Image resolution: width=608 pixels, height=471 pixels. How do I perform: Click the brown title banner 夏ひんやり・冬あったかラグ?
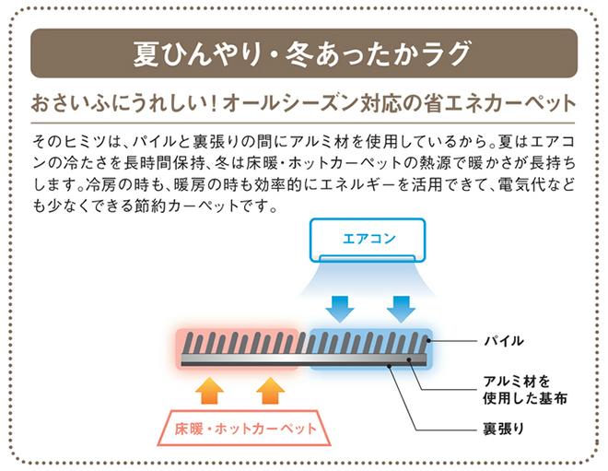click(304, 53)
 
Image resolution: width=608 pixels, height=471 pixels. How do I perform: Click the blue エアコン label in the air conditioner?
click(368, 238)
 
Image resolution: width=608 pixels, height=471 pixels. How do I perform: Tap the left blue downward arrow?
click(340, 309)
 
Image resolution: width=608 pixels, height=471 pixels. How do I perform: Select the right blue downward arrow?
click(402, 309)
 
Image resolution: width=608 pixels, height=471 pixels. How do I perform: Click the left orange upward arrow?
click(209, 391)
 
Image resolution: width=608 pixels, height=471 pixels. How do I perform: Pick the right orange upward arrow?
click(271, 391)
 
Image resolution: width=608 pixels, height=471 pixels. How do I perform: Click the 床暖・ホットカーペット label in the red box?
click(245, 429)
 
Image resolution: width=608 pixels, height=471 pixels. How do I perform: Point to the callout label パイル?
click(504, 341)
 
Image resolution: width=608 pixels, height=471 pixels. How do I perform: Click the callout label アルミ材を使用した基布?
click(525, 390)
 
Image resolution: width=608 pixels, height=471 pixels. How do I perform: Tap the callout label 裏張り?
click(503, 429)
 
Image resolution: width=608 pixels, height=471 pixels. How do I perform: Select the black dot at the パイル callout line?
click(428, 341)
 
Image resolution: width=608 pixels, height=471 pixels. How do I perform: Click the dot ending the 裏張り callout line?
click(389, 365)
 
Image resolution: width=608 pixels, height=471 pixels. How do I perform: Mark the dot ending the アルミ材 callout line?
click(409, 360)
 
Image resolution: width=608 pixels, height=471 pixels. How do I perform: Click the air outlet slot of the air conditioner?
click(368, 257)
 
